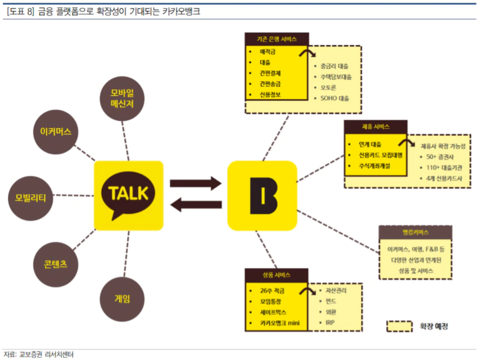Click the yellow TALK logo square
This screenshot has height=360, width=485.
tap(128, 195)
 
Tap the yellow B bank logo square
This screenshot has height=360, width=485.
tap(262, 195)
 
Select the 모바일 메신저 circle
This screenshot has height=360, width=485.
tap(121, 98)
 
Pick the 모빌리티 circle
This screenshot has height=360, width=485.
tap(30, 198)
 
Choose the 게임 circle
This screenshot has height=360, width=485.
tap(122, 299)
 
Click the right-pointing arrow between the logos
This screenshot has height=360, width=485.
tap(195, 184)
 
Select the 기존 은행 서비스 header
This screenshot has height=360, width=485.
tap(277, 39)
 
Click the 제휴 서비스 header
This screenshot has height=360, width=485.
tap(376, 127)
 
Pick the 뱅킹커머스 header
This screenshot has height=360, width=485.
tap(415, 233)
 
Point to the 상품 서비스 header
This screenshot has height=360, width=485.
tap(276, 275)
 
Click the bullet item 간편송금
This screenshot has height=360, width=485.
tap(270, 84)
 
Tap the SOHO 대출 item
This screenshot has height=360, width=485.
tap(334, 98)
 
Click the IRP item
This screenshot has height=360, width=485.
tap(330, 322)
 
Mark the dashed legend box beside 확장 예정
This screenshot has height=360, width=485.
tap(399, 326)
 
